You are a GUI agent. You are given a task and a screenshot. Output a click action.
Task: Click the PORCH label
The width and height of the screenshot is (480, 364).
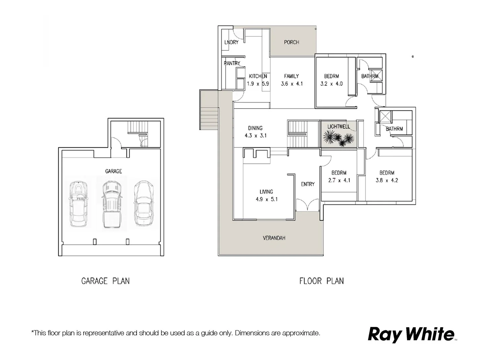[x=291, y=42]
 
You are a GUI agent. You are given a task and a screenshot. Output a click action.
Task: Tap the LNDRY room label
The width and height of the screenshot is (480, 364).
[x=231, y=42]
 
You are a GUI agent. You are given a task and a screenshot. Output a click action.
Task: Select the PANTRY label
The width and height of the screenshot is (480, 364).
[x=232, y=63]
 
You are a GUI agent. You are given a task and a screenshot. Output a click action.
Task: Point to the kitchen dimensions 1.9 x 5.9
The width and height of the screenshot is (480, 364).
[x=258, y=84]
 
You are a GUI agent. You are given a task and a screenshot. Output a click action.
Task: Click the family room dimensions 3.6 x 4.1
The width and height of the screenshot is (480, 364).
[x=292, y=84]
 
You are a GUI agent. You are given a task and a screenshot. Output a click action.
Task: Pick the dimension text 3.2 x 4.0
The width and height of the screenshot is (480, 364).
[x=331, y=84]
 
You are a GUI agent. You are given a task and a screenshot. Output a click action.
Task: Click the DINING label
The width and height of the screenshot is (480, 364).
[x=255, y=128]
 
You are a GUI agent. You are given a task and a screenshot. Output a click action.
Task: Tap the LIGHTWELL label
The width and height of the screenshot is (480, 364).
[x=339, y=127]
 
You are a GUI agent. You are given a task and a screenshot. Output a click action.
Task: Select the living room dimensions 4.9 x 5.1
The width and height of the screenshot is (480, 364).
[x=266, y=199]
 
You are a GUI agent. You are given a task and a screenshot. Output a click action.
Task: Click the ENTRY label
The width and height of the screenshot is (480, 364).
[x=308, y=184]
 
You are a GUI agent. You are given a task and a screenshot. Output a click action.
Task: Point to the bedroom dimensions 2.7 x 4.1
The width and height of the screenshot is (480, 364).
[x=339, y=180]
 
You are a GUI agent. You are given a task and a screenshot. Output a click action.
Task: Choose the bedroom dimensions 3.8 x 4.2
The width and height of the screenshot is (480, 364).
[x=387, y=180]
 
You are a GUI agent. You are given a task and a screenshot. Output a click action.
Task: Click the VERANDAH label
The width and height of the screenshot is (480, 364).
[x=274, y=238]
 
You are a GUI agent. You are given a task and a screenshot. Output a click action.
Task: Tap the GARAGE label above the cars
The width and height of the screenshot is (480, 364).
[x=114, y=171]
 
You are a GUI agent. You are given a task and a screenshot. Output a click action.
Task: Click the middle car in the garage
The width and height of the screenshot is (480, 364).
[x=111, y=204]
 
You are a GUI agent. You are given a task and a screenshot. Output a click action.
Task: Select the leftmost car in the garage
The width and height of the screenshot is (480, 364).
[x=78, y=204]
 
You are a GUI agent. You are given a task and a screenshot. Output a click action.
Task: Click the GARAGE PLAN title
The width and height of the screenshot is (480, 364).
[x=105, y=281]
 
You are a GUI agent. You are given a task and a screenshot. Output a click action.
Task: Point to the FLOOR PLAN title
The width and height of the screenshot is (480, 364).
[x=321, y=281]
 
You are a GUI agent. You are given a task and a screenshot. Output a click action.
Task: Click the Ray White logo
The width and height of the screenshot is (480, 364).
[x=411, y=334]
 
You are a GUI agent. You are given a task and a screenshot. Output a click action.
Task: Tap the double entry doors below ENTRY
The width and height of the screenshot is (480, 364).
[x=307, y=205]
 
